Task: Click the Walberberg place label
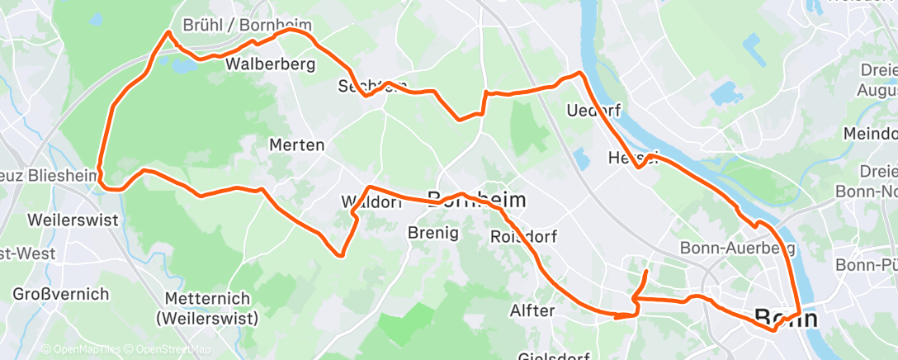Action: [270, 64]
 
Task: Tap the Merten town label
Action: [296, 145]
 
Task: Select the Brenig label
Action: [433, 234]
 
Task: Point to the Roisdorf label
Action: [523, 237]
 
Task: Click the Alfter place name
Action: [534, 311]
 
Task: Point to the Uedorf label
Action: [593, 110]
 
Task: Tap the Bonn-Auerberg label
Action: [737, 248]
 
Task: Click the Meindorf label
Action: [870, 133]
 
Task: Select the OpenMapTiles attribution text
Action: [78, 349]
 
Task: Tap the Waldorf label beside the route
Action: [371, 202]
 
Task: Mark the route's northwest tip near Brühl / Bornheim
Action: [168, 32]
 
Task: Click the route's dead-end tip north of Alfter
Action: [646, 271]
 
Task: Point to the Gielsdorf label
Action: [553, 355]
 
